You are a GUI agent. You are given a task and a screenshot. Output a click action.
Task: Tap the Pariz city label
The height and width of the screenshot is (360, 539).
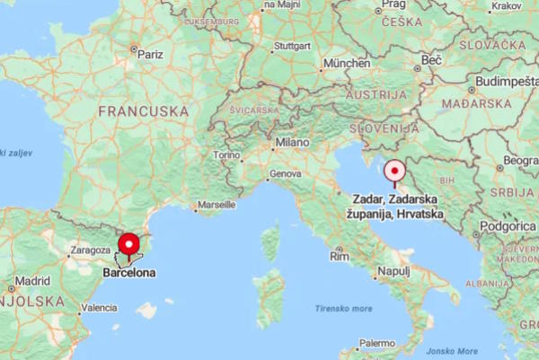click(x=150, y=54)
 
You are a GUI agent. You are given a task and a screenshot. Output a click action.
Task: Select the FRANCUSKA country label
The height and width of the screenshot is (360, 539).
click(x=144, y=111)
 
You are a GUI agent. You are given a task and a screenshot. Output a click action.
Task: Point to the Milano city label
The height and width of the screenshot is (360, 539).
click(x=292, y=142)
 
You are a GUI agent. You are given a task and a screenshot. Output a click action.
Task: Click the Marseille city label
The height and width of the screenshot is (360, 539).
click(x=216, y=205)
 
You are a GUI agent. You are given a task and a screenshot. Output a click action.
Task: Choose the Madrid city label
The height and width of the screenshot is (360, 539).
click(x=31, y=280)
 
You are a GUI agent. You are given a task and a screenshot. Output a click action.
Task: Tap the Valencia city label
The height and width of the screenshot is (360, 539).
click(x=99, y=308)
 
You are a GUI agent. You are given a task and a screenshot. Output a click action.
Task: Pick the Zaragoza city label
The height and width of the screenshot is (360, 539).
click(x=90, y=252)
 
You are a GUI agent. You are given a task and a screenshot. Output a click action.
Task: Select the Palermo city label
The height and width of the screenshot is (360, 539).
click(x=376, y=343)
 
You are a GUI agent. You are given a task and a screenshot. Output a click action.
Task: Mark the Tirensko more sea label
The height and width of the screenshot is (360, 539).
click(x=343, y=308)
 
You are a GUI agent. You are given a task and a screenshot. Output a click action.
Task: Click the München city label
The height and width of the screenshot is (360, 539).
click(x=347, y=64)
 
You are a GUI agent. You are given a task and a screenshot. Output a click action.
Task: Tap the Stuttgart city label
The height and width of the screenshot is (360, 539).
click(x=292, y=45)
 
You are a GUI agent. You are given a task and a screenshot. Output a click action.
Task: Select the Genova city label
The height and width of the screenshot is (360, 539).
click(x=286, y=172)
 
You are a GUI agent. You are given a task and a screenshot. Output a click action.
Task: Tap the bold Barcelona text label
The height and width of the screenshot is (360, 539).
click(x=128, y=272)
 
